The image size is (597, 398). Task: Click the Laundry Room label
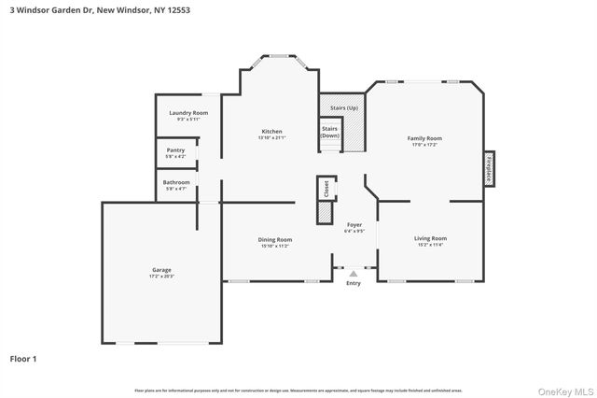(184, 113)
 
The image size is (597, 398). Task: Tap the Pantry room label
(175, 149)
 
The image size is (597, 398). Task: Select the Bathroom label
(176, 182)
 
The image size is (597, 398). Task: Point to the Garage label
(161, 270)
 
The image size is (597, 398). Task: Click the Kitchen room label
(271, 131)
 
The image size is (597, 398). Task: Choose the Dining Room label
(274, 239)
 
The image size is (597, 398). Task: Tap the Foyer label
(354, 225)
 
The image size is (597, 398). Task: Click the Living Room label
(430, 238)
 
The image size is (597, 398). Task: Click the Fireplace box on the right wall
(488, 170)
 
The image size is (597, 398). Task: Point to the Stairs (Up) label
(344, 108)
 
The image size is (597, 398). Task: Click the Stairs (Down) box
(330, 132)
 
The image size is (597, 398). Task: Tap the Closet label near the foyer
(326, 189)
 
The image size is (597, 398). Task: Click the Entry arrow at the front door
(353, 274)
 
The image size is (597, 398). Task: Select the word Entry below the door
(353, 283)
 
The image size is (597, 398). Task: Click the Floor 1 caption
(24, 358)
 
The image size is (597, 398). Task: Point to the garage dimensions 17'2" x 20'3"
(161, 277)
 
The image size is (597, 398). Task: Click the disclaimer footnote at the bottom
(298, 390)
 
